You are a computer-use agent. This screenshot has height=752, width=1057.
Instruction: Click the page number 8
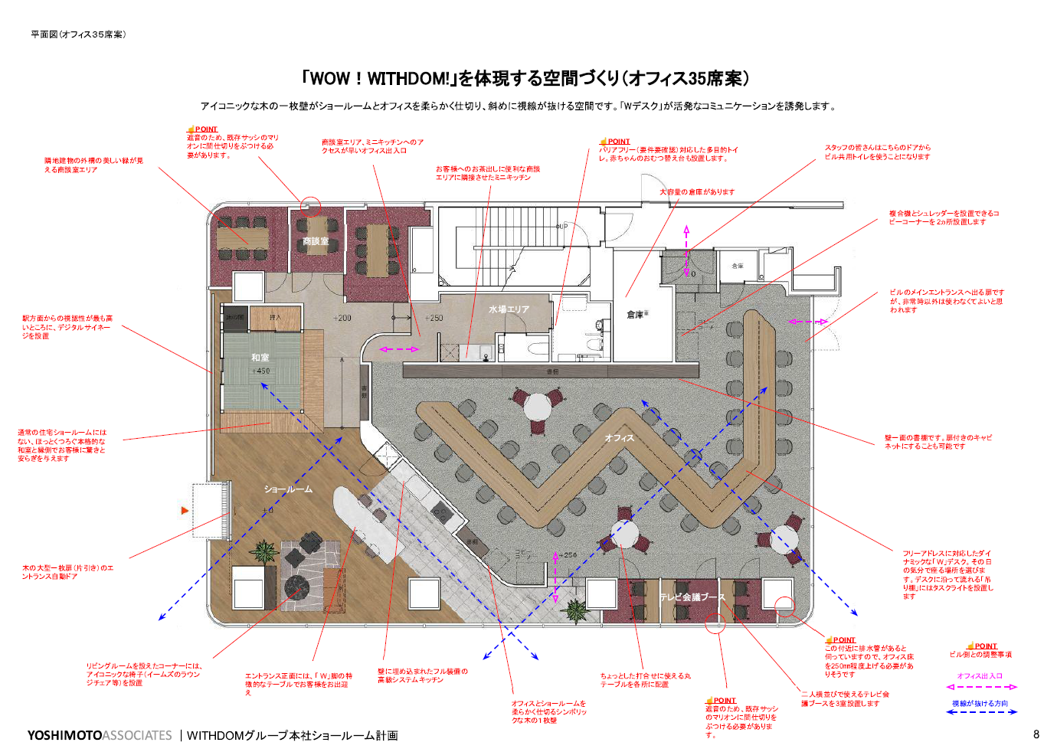(x=1036, y=734)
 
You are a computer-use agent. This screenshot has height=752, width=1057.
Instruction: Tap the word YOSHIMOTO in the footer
(x=64, y=735)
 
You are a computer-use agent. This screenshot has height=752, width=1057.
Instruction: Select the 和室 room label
(x=260, y=358)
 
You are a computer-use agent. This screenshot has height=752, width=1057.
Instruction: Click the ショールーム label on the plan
(x=288, y=489)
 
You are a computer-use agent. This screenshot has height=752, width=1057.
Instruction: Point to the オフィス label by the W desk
(x=619, y=438)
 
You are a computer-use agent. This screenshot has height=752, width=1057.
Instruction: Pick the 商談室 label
(x=316, y=241)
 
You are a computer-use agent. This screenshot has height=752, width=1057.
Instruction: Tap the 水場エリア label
(x=509, y=309)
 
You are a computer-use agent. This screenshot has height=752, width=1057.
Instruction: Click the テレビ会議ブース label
(x=692, y=597)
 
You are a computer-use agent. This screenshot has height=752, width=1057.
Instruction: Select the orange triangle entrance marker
(x=184, y=510)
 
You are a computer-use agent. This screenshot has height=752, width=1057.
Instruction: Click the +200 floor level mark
(x=342, y=318)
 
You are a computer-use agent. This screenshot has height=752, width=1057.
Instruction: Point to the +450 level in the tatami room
(x=260, y=371)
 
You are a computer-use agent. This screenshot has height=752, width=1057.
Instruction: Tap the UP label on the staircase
(x=562, y=227)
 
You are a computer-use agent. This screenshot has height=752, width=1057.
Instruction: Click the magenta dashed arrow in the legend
(x=981, y=687)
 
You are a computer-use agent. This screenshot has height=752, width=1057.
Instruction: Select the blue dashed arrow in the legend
(x=981, y=712)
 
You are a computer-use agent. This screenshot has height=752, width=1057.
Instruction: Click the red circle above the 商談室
(x=310, y=205)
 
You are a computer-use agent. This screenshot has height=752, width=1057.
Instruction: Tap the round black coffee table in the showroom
(x=296, y=587)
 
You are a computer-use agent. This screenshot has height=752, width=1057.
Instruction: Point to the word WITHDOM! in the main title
(x=409, y=78)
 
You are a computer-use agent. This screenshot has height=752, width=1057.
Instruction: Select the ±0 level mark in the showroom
(x=267, y=510)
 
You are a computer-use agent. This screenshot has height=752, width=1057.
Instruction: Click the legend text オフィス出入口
(x=980, y=675)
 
